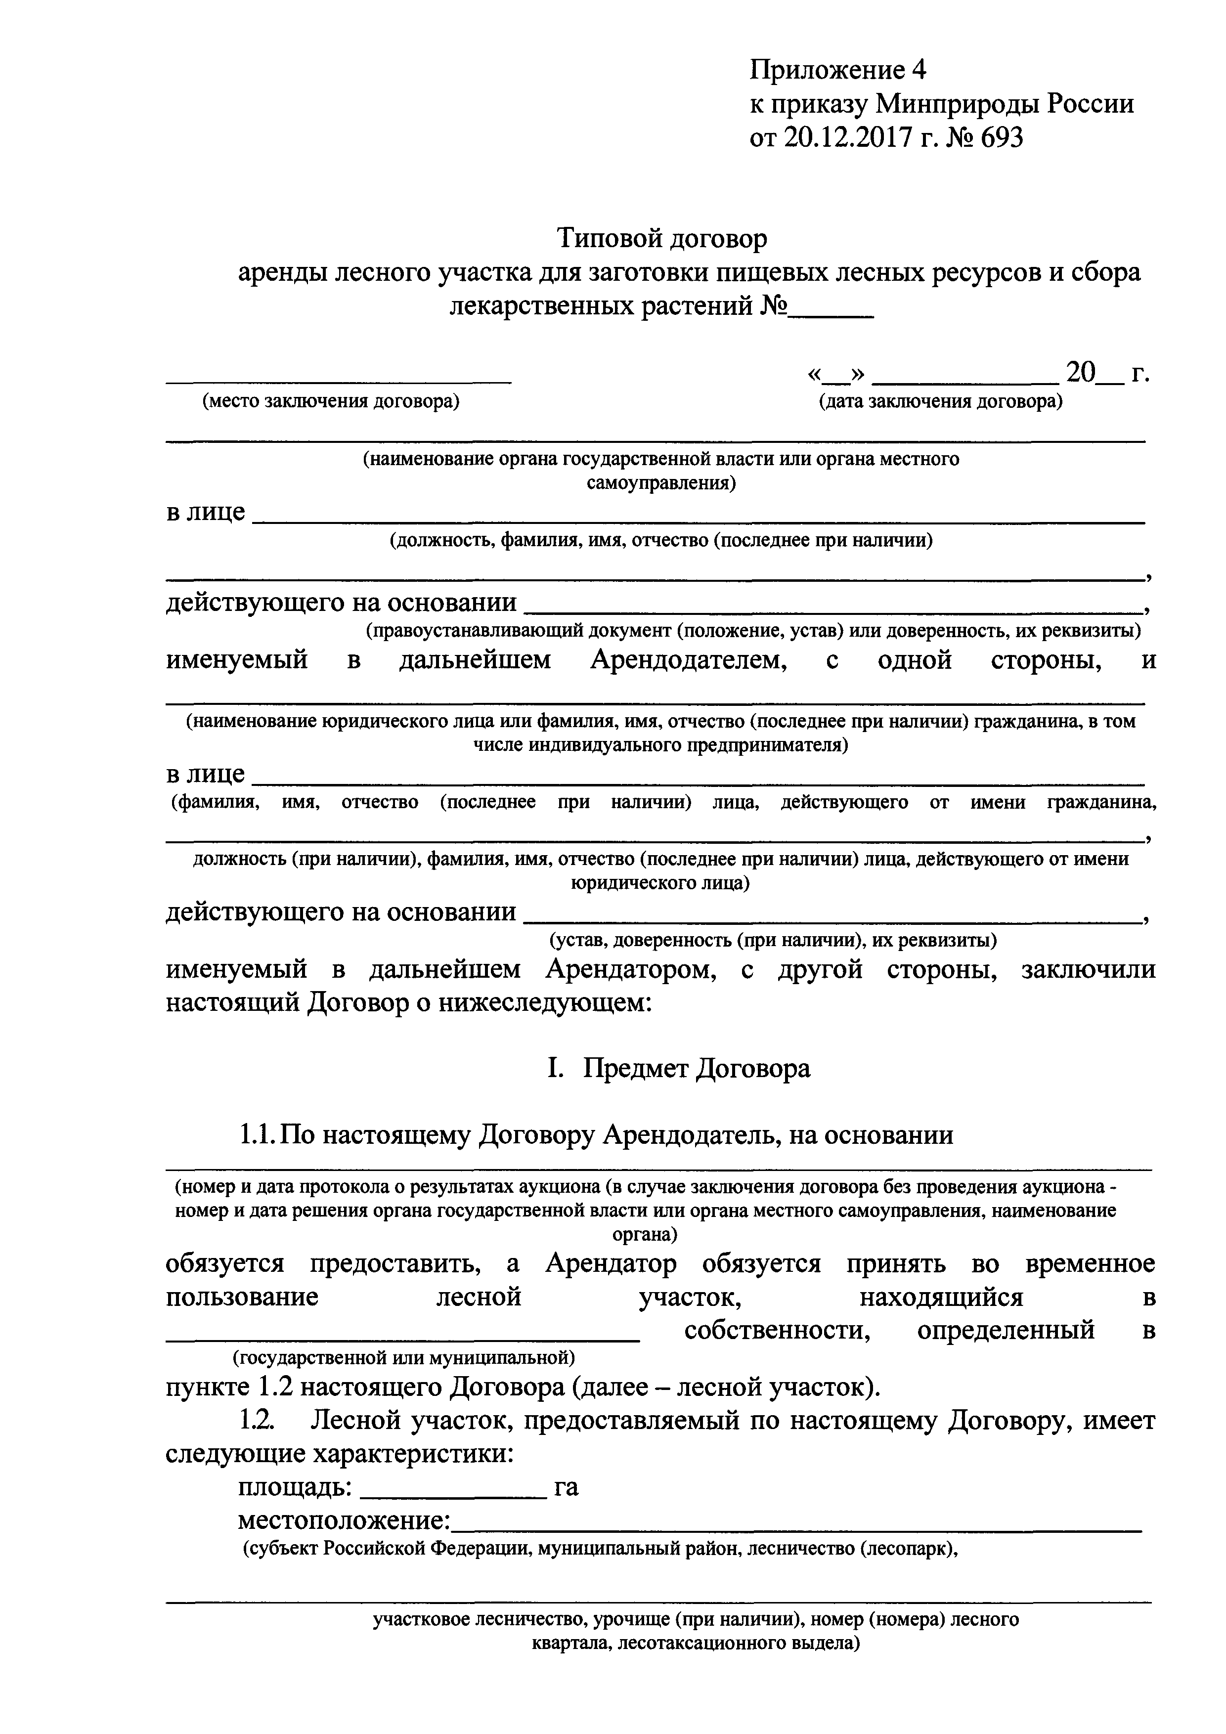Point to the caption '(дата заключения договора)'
[x=940, y=402]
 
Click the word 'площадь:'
[x=295, y=1488]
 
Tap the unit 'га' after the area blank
[x=567, y=1488]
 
